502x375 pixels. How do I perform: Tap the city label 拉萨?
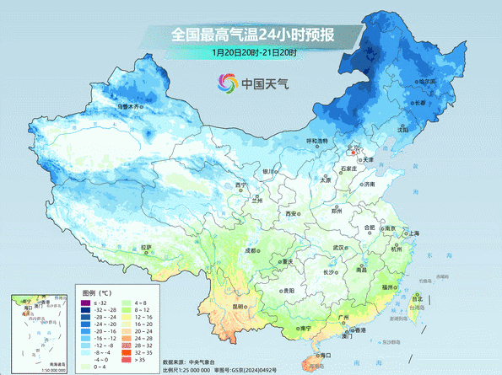click(x=148, y=246)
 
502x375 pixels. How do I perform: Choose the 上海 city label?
click(x=414, y=233)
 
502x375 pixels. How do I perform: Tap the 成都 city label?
click(x=251, y=250)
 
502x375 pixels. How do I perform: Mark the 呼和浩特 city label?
click(x=316, y=141)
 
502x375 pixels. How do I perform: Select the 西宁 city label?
click(x=241, y=185)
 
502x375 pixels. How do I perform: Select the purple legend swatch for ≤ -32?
click(x=85, y=302)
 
